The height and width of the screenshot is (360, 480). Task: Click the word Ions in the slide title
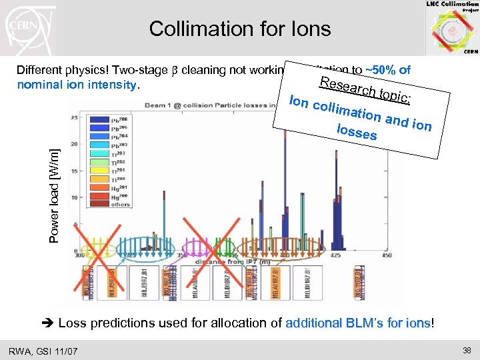click(x=310, y=29)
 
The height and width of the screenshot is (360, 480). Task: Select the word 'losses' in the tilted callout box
click(x=357, y=131)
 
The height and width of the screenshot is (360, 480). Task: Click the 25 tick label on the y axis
click(x=83, y=117)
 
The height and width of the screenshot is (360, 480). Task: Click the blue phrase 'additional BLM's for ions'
click(x=357, y=323)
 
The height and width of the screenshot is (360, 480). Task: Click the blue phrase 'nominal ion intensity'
click(x=76, y=85)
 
